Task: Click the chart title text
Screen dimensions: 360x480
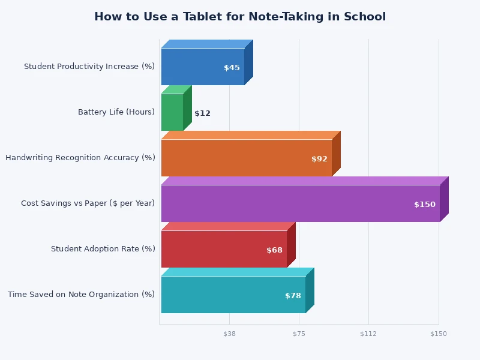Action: tap(240, 17)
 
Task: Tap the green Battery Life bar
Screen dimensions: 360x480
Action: tap(172, 112)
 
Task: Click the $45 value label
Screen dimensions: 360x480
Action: tap(232, 68)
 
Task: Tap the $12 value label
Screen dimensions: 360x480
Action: tap(202, 113)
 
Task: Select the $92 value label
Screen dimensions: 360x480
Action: tap(319, 159)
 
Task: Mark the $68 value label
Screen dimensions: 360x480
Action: tap(274, 250)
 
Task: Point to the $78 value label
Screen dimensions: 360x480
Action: tap(293, 296)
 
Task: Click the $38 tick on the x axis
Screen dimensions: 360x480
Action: tap(229, 334)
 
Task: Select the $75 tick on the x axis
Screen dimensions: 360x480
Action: tap(299, 334)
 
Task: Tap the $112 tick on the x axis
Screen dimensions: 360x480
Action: tap(368, 334)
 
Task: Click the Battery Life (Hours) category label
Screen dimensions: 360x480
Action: tap(116, 112)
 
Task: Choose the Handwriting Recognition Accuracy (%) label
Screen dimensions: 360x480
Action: tap(80, 158)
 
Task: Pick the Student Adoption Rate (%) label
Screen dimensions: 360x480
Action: tap(103, 249)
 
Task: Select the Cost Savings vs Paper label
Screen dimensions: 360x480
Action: tap(88, 203)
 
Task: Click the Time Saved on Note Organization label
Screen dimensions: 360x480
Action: tap(82, 295)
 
